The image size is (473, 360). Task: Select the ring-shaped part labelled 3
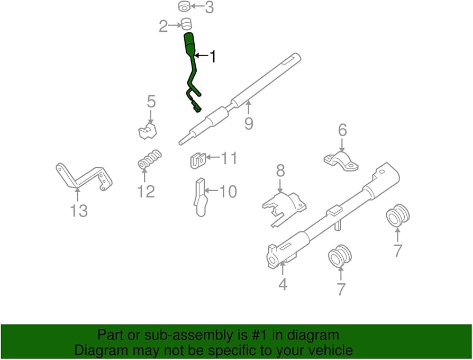tap(185, 7)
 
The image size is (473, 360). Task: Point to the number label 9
tap(249, 123)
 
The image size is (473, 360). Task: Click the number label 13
tap(79, 210)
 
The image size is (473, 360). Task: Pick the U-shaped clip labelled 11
tap(197, 160)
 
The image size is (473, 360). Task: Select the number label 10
tap(228, 191)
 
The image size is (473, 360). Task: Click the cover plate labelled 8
tap(283, 206)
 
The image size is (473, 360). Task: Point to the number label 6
tap(342, 130)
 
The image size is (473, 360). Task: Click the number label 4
tap(283, 284)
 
